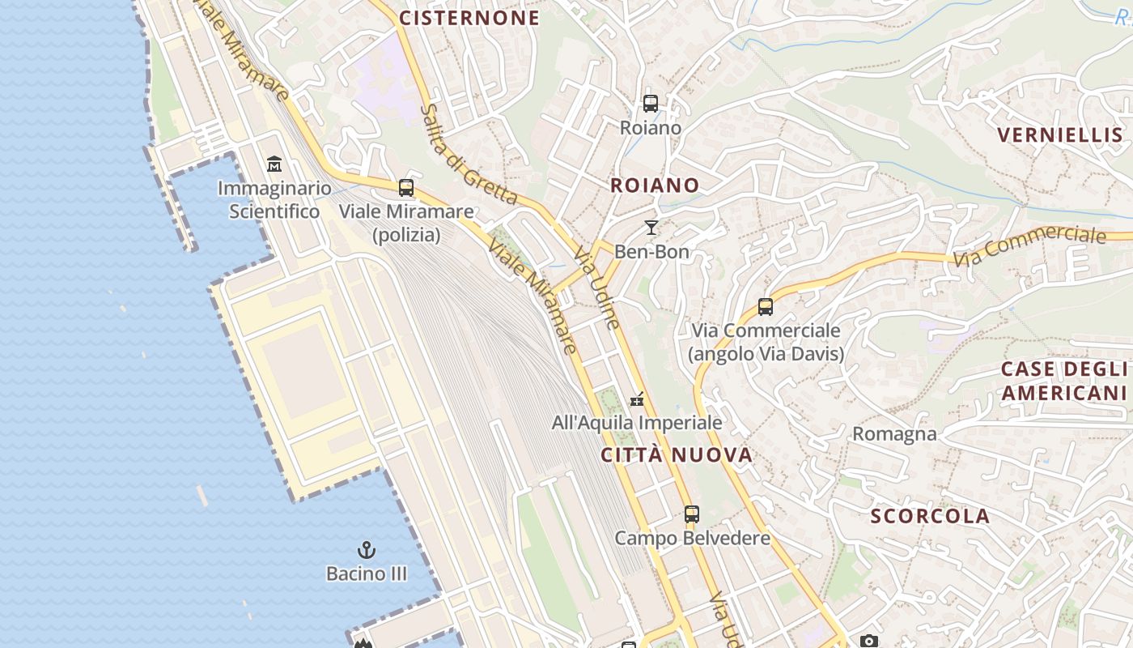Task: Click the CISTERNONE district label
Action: (x=469, y=18)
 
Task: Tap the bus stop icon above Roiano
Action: (x=651, y=104)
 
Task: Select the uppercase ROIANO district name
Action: (x=655, y=185)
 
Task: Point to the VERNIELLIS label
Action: (x=1060, y=135)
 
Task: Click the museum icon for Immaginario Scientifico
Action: (x=274, y=164)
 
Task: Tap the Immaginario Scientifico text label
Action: (x=274, y=200)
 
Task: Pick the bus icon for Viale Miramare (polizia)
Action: (x=406, y=188)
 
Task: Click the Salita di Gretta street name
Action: (x=469, y=154)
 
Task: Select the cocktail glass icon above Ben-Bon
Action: (x=651, y=228)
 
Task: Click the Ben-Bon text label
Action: (x=651, y=252)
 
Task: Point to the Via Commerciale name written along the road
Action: (x=1029, y=246)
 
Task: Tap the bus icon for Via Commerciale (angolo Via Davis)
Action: (x=766, y=307)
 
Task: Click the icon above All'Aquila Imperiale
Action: (x=638, y=399)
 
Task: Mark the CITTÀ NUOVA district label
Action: (x=677, y=455)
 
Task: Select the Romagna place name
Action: (x=894, y=434)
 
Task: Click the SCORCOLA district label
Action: (x=930, y=517)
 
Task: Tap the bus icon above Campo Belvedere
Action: (x=692, y=514)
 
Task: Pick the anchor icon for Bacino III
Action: (x=367, y=550)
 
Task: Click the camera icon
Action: (x=869, y=642)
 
